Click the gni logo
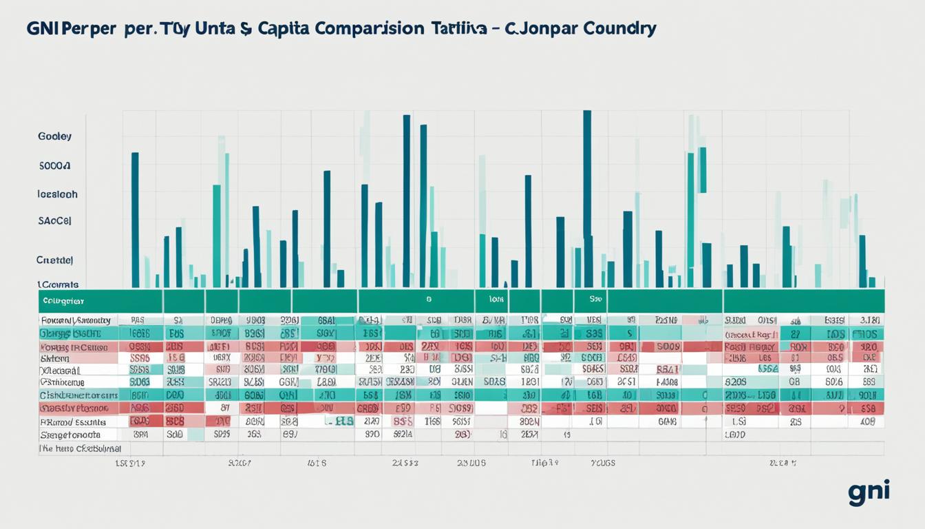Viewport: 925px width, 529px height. [869, 492]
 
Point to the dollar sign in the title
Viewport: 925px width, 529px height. [246, 29]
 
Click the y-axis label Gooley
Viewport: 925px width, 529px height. [54, 136]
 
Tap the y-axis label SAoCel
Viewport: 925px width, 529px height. [54, 221]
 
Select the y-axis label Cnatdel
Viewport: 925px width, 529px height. [54, 260]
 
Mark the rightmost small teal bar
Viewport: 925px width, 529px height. [871, 282]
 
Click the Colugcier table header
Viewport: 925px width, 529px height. [63, 301]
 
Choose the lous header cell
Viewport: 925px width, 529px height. [497, 300]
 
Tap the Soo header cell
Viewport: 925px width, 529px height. [595, 300]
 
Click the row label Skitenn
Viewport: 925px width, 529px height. [55, 358]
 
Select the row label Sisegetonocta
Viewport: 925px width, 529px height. [70, 435]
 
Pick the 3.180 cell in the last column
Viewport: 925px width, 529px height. [869, 320]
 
